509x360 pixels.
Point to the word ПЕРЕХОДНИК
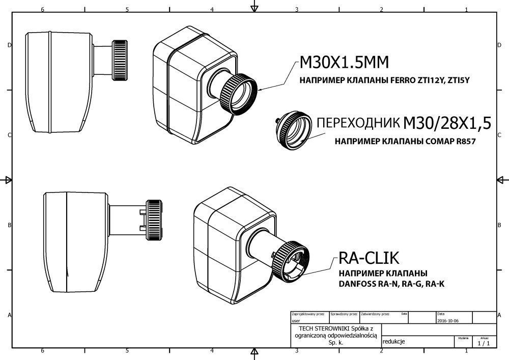tap(357, 124)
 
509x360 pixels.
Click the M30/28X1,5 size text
tap(447, 123)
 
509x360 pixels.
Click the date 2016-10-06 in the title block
tap(448, 321)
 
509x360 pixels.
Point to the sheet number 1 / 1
tap(484, 344)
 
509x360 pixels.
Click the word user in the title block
tap(296, 321)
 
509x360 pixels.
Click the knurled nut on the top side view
tap(121, 60)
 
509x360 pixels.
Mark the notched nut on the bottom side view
tap(154, 220)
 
